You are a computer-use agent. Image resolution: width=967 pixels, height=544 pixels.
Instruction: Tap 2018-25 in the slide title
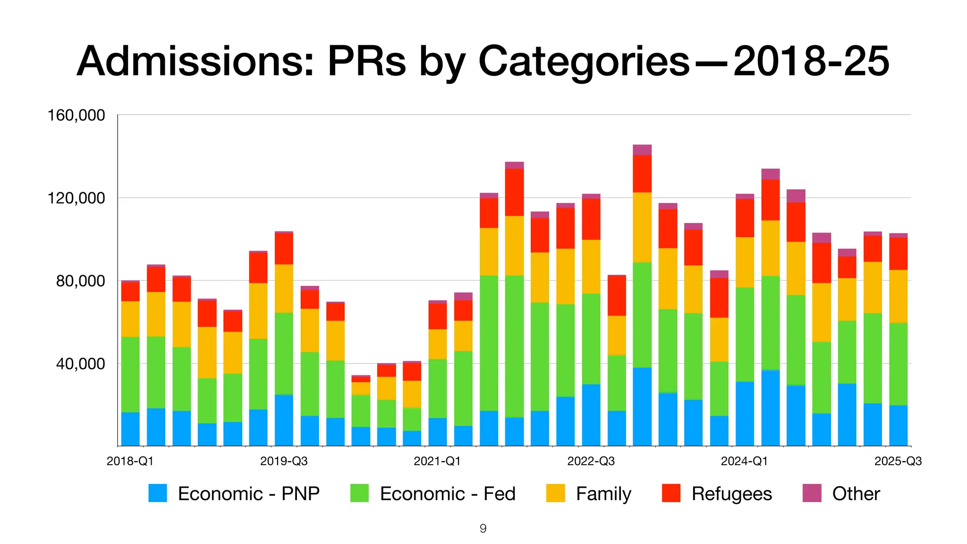811,61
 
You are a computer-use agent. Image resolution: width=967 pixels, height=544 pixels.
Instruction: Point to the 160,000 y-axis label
76,115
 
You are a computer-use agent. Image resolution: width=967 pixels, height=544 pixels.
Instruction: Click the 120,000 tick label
76,198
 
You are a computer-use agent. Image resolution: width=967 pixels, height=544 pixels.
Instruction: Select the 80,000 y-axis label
80,281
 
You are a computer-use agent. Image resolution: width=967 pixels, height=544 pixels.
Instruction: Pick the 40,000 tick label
80,364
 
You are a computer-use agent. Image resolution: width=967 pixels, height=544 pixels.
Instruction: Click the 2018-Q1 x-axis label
130,461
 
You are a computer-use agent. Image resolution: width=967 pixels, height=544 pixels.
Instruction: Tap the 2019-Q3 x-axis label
284,461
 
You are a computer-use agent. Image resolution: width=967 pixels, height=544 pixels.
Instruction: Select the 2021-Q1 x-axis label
437,461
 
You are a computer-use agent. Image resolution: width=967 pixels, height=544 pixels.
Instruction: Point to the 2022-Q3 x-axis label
591,461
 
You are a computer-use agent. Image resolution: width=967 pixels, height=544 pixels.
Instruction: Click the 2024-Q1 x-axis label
744,461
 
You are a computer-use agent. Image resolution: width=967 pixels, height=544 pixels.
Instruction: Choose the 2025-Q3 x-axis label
898,461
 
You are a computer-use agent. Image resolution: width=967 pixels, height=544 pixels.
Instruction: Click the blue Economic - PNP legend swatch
158,493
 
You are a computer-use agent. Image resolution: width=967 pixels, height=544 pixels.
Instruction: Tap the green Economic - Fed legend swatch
359,493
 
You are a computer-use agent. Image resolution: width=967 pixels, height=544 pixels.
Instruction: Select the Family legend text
603,494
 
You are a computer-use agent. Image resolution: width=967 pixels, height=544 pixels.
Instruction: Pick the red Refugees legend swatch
671,493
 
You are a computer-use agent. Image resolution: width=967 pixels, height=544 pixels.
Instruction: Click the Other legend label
856,494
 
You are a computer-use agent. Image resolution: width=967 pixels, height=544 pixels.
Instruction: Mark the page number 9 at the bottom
483,528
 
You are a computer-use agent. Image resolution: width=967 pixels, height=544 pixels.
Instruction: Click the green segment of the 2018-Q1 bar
130,374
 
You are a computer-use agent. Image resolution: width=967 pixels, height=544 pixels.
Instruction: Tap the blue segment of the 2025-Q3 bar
898,425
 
